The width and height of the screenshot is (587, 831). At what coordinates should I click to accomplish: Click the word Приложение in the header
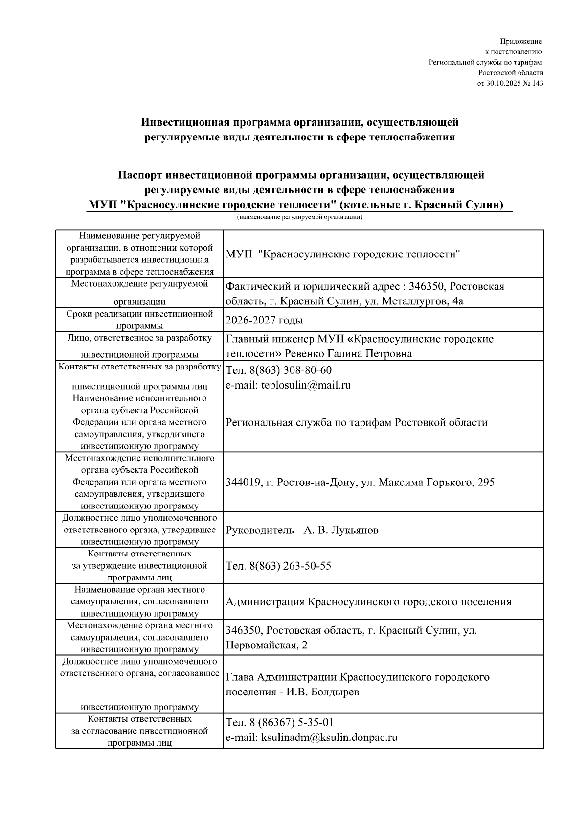click(521, 42)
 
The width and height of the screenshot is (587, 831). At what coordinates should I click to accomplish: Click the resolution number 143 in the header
click(537, 83)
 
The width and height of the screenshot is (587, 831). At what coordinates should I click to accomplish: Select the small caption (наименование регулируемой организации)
click(299, 217)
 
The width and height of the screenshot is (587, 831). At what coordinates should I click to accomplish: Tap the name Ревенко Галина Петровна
click(348, 353)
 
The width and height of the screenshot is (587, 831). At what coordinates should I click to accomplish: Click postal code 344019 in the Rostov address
click(243, 482)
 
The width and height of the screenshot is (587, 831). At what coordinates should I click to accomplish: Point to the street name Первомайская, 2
click(267, 645)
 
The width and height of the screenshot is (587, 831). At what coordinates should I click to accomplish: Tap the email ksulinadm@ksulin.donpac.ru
click(329, 738)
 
